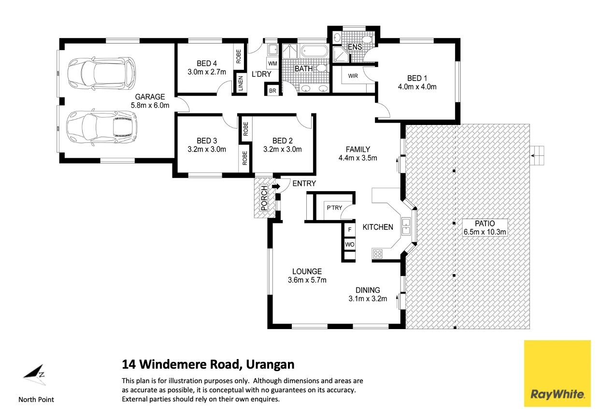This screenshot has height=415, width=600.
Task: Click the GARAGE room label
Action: point(150,97)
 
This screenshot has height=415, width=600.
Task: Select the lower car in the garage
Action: point(100,127)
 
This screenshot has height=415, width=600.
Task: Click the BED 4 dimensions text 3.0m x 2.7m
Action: point(207,72)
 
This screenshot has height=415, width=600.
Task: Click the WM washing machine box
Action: point(272,63)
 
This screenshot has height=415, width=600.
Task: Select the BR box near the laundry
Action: point(272,91)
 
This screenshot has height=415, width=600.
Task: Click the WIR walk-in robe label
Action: point(353,75)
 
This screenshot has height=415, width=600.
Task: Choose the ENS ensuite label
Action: point(355,47)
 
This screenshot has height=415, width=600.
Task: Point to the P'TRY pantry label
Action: point(334,208)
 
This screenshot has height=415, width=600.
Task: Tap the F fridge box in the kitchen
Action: point(349,230)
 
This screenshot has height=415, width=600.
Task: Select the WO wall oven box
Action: point(349,245)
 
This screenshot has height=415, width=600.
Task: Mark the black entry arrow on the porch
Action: point(276,187)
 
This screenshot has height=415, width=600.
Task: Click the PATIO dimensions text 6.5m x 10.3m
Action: point(485,232)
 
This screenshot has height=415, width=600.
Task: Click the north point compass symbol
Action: point(35,374)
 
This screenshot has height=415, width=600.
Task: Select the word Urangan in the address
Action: point(270,364)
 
